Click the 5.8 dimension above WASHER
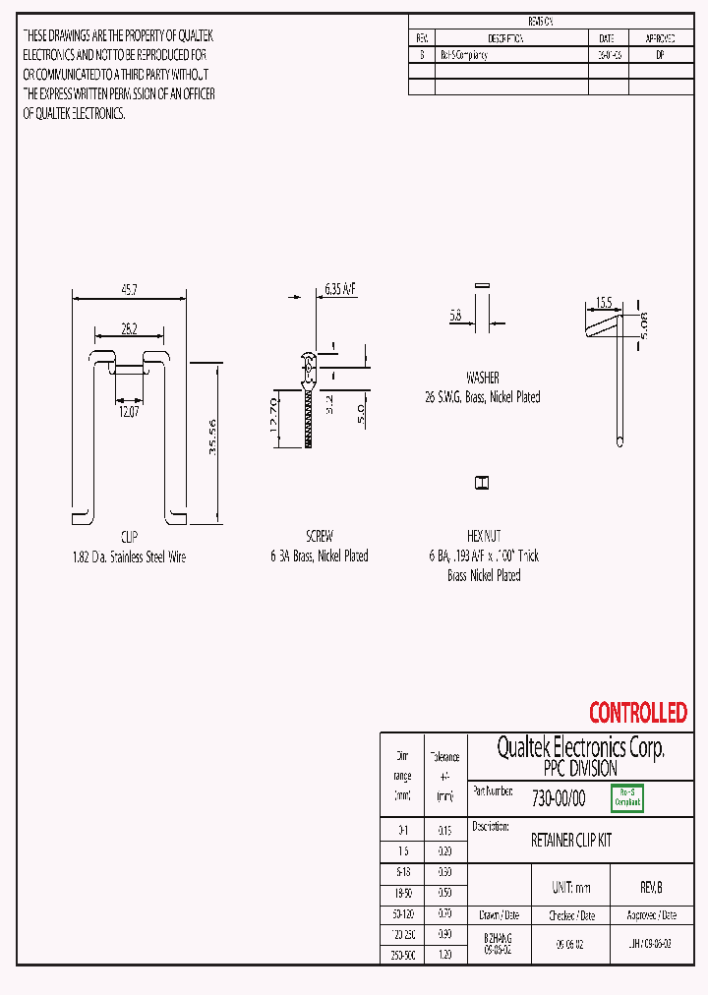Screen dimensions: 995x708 tap(455, 316)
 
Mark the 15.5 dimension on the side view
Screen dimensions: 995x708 tap(603, 304)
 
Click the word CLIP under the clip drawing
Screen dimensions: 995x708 tap(129, 537)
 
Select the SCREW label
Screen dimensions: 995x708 tap(320, 537)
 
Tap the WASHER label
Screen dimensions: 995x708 tap(482, 378)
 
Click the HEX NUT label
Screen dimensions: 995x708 tap(483, 537)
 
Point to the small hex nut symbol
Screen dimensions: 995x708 tap(483, 483)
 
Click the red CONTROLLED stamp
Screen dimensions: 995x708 tap(637, 712)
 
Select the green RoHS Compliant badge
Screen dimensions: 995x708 tap(627, 797)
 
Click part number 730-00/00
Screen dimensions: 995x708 tap(558, 798)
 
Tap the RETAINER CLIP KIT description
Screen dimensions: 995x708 tap(571, 841)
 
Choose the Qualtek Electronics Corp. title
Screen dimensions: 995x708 tap(580, 748)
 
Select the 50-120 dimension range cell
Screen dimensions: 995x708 tap(402, 913)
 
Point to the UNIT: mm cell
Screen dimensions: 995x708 tap(570, 887)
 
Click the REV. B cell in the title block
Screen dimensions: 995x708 tap(651, 887)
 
